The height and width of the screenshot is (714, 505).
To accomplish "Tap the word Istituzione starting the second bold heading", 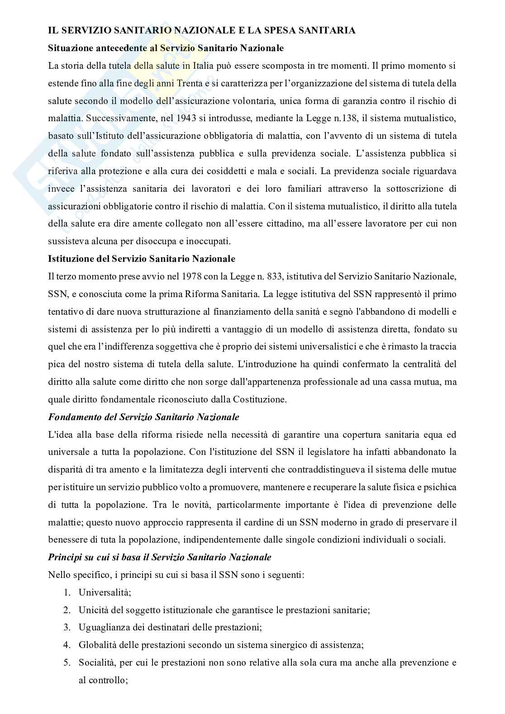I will point(68,259).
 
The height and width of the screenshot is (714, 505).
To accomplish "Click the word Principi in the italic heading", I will point(63,557).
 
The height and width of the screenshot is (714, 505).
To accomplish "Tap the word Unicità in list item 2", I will point(93,610).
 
